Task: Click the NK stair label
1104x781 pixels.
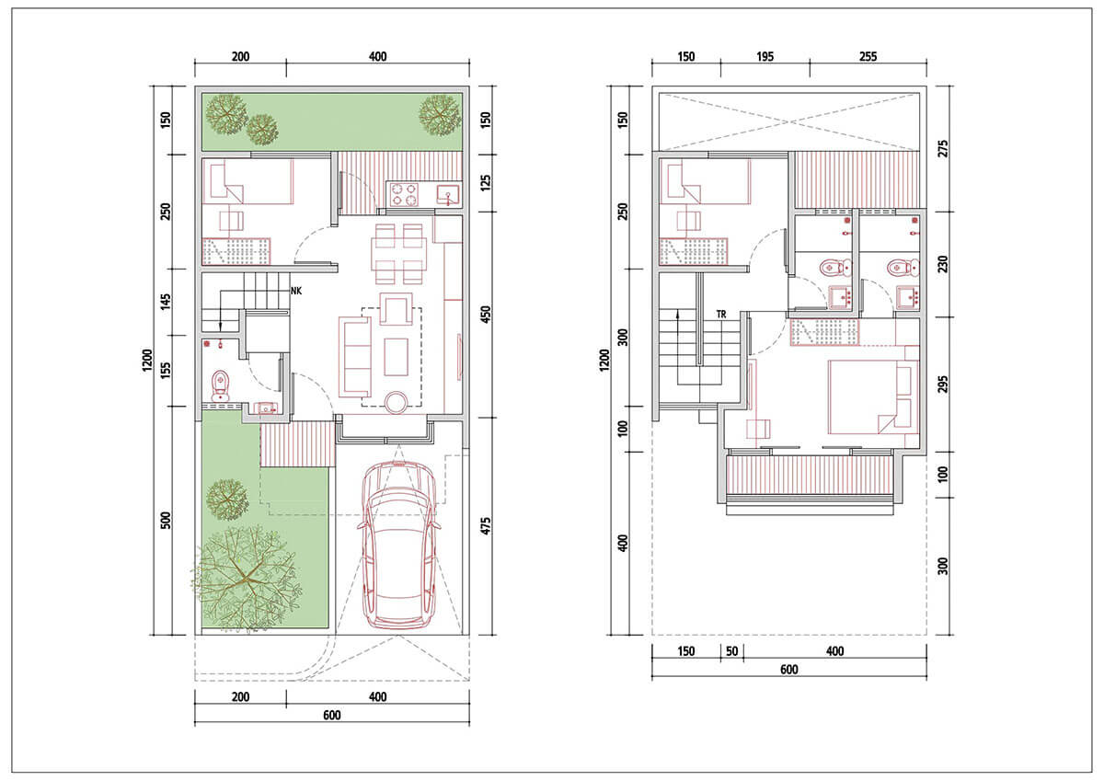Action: tap(295, 292)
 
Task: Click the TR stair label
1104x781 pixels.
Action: tap(721, 315)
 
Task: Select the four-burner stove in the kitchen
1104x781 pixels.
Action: tap(404, 194)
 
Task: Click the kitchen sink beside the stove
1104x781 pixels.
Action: tap(448, 194)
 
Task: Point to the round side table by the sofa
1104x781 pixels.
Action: tap(396, 402)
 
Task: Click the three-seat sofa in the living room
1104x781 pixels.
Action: tap(355, 357)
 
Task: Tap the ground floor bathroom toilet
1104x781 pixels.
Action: tap(220, 385)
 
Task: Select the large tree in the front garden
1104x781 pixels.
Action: tap(247, 578)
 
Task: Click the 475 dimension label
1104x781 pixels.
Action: tap(486, 526)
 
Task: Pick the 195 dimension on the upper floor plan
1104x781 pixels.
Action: tap(765, 57)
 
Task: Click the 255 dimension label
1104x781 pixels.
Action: tap(868, 57)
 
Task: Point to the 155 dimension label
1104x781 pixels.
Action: tap(167, 371)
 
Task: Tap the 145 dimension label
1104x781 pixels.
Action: tap(167, 302)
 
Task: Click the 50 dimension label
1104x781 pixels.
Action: tap(732, 651)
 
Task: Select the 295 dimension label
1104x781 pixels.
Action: tap(943, 385)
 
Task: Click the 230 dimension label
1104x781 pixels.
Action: tap(943, 264)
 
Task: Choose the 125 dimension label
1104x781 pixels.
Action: tap(486, 183)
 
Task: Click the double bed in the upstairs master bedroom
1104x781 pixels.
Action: tap(873, 397)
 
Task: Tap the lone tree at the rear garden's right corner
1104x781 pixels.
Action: tap(440, 115)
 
